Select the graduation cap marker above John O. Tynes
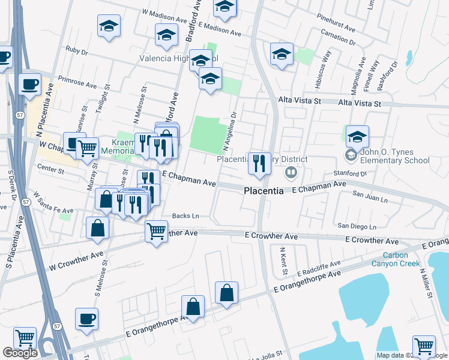tap(357, 136)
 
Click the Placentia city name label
tap(264, 191)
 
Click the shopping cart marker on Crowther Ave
tap(157, 230)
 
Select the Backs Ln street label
tap(185, 215)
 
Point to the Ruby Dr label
tap(77, 50)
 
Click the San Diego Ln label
tap(357, 226)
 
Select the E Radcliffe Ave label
tap(318, 268)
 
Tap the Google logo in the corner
tap(20, 353)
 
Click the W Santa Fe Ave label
tap(53, 204)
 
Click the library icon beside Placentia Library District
tap(291, 173)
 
